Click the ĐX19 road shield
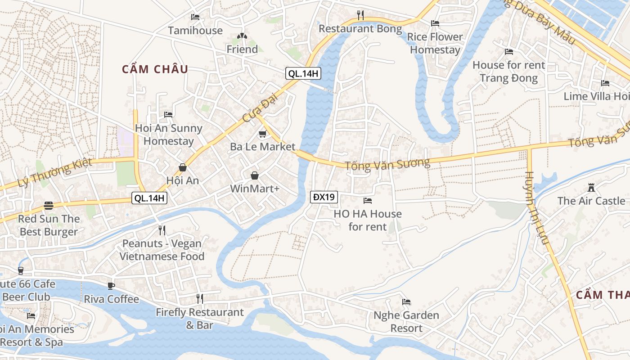(324, 197)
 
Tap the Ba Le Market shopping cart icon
(262, 134)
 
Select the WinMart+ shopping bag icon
(255, 175)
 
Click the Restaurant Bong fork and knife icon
(360, 15)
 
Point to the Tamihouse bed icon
(195, 17)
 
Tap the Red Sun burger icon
(49, 206)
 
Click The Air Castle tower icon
(591, 187)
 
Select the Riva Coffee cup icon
(111, 286)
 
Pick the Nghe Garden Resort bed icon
(406, 302)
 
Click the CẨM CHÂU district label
(155, 69)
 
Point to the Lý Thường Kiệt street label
(54, 173)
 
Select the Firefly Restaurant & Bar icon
(200, 298)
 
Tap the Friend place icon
(242, 36)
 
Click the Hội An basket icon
(183, 167)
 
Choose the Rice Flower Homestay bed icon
(435, 23)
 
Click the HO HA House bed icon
(368, 200)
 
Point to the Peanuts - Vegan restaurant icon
(162, 230)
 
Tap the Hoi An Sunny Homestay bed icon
(168, 115)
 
